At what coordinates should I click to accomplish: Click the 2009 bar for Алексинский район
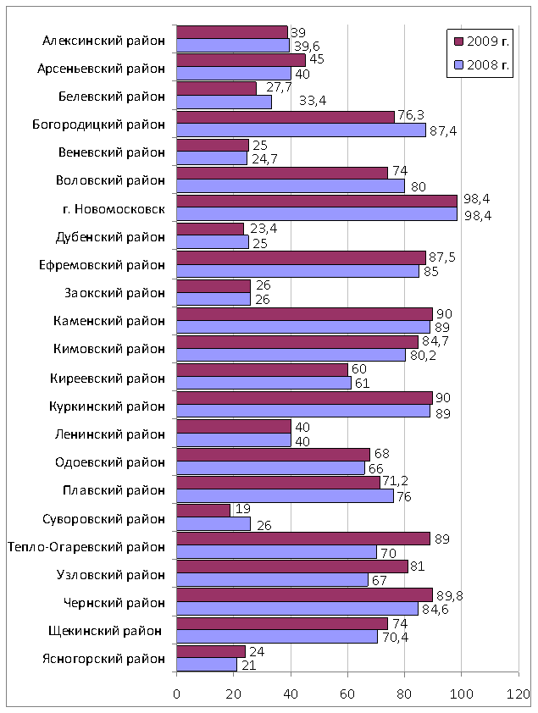tap(232, 32)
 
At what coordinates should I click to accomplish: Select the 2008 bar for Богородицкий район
tap(301, 130)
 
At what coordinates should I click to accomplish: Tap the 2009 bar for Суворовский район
tap(203, 511)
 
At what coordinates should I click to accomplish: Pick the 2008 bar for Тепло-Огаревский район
tap(276, 551)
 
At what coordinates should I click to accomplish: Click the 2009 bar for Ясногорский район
tap(211, 652)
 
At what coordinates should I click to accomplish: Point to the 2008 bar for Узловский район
tap(272, 580)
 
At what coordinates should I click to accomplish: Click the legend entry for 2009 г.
tap(481, 41)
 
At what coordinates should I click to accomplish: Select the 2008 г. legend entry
tap(481, 65)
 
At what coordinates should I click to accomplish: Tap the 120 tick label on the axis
tap(519, 694)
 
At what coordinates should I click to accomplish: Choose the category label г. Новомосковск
tap(114, 208)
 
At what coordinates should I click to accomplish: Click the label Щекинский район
tap(105, 631)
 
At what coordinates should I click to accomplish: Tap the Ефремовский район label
tap(102, 265)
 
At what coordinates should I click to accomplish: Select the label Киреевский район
tap(108, 378)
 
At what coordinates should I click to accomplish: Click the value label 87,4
tap(443, 131)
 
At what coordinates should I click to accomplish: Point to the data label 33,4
tap(313, 101)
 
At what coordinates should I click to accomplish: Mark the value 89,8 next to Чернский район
tap(449, 595)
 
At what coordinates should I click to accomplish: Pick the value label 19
tap(243, 509)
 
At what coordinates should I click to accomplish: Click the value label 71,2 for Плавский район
tap(395, 481)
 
